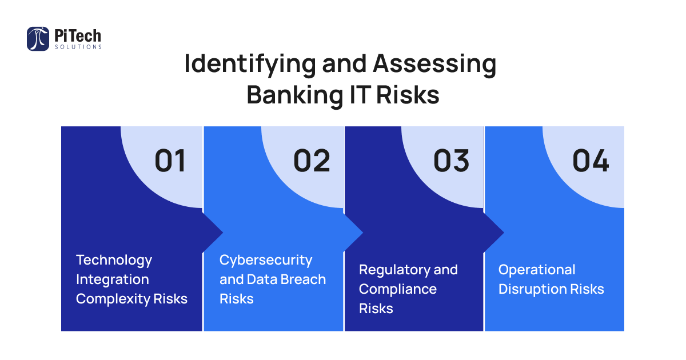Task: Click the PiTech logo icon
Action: click(38, 39)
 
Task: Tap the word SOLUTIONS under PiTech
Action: click(78, 47)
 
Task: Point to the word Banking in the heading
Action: click(294, 95)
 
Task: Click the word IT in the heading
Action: click(360, 95)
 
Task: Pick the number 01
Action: click(170, 161)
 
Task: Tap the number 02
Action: click(312, 161)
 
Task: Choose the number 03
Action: click(452, 161)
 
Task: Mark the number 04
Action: click(591, 161)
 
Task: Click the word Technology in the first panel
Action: click(114, 261)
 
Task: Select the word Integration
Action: click(113, 280)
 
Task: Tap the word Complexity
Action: click(113, 299)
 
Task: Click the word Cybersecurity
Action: click(266, 261)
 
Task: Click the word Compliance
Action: click(398, 290)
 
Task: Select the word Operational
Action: click(537, 270)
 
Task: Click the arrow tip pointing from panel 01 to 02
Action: click(222, 233)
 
